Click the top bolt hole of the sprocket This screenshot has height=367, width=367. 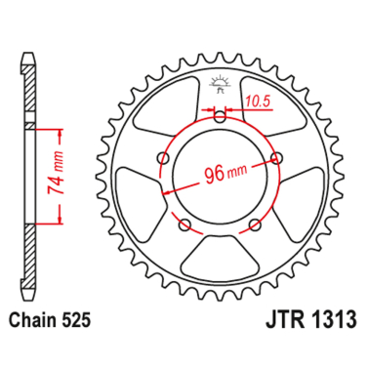click(x=220, y=117)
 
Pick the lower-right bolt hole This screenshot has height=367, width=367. click(x=255, y=225)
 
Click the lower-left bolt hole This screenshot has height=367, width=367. click(x=184, y=225)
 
